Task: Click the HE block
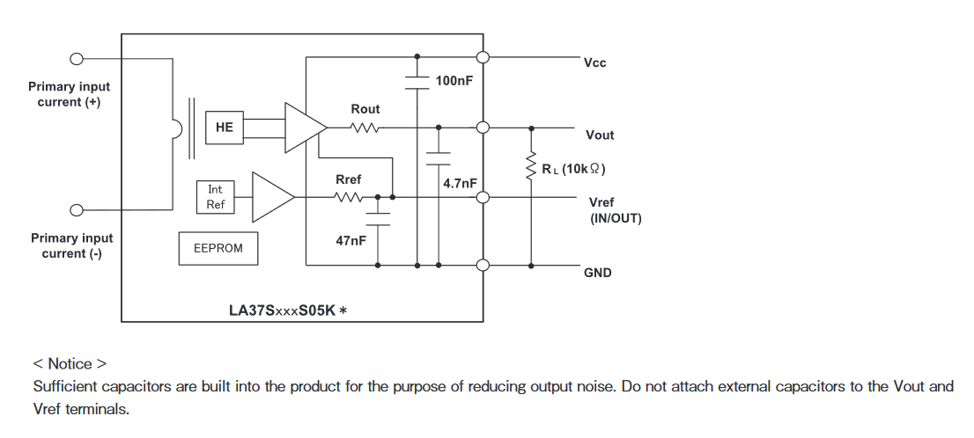pos(225,128)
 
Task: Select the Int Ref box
pos(216,197)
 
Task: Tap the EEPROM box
pos(218,249)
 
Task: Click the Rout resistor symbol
pos(365,128)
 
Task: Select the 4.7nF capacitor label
pos(460,183)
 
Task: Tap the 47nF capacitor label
pos(350,239)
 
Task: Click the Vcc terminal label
pos(594,63)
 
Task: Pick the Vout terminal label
pos(600,135)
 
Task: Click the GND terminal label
pos(597,274)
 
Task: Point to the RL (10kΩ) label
pos(573,169)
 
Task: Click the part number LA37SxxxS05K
pos(281,310)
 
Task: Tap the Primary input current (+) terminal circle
pos(77,59)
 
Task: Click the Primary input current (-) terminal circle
pos(77,210)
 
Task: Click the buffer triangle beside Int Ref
pos(272,197)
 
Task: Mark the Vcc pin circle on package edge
pos(483,58)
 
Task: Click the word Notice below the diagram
pos(70,363)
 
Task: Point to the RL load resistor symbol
pos(531,165)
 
